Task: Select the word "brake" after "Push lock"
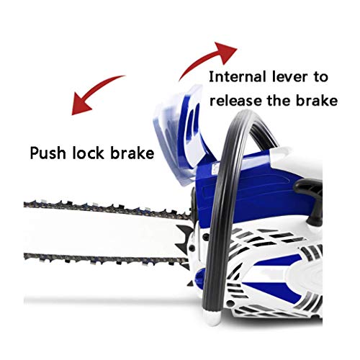(x=132, y=153)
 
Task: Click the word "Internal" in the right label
(x=238, y=77)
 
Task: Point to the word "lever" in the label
(x=289, y=77)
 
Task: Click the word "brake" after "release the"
(x=317, y=100)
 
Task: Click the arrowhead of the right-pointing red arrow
(x=225, y=52)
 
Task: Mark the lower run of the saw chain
(x=106, y=258)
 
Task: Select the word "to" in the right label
(x=320, y=77)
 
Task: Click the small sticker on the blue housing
(x=215, y=170)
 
